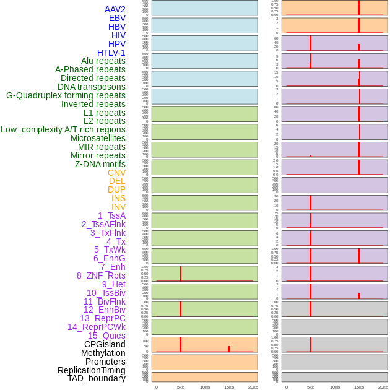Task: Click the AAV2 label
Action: [x=115, y=9]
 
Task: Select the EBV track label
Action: [x=117, y=18]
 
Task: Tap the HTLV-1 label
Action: [x=111, y=53]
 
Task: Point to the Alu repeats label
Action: [x=103, y=61]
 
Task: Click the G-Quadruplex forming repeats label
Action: [x=66, y=95]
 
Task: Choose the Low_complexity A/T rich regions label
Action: [x=63, y=129]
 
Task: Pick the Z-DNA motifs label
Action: [x=100, y=164]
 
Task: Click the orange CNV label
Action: [x=116, y=173]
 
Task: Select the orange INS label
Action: [x=118, y=198]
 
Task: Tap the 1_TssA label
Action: [x=111, y=215]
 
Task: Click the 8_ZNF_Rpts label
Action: [x=101, y=275]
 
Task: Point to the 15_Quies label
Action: [x=106, y=336]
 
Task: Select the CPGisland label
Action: [x=105, y=344]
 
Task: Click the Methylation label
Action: [x=103, y=353]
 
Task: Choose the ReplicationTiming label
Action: [x=92, y=370]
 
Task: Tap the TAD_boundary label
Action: [x=97, y=378]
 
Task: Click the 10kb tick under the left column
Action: [x=205, y=387]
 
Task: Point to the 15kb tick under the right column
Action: [x=359, y=387]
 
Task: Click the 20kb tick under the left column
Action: [x=253, y=387]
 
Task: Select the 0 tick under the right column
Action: [x=287, y=387]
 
